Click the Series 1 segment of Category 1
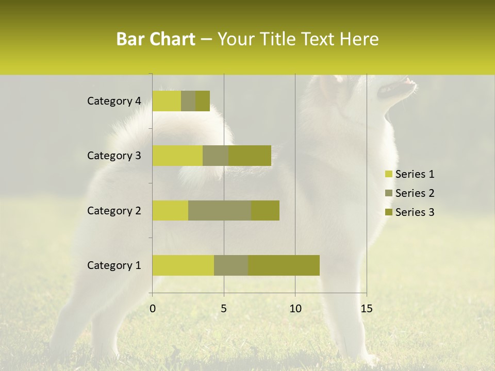(183, 265)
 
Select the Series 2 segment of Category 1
(231, 265)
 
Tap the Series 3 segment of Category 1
(284, 265)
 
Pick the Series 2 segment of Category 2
(220, 210)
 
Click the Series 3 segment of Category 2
(265, 210)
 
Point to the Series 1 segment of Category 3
(177, 156)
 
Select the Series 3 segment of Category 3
(250, 156)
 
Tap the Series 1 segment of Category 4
(167, 101)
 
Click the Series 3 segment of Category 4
(203, 101)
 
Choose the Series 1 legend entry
(409, 174)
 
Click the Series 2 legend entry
(409, 193)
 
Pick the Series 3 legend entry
(409, 212)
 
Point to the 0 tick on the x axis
(153, 309)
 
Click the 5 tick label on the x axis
(224, 309)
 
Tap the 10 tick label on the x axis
(295, 309)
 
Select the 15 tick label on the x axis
(366, 309)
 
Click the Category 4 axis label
(114, 101)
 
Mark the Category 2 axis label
(114, 210)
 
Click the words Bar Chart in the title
(156, 39)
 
